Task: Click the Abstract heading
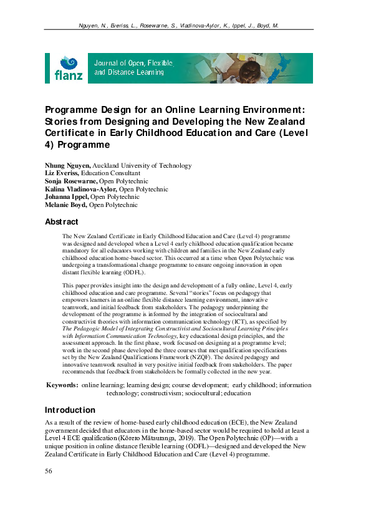click(62, 222)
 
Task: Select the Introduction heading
click(70, 410)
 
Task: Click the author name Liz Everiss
click(62, 173)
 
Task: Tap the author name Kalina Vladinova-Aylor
click(81, 189)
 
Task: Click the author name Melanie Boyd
click(66, 205)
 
